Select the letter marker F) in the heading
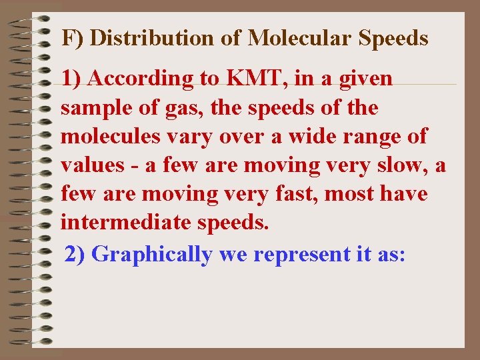pyautogui.click(x=73, y=38)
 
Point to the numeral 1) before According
pyautogui.click(x=72, y=79)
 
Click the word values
pyautogui.click(x=93, y=165)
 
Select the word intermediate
pyautogui.click(x=127, y=223)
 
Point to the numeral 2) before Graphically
pyautogui.click(x=75, y=254)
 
